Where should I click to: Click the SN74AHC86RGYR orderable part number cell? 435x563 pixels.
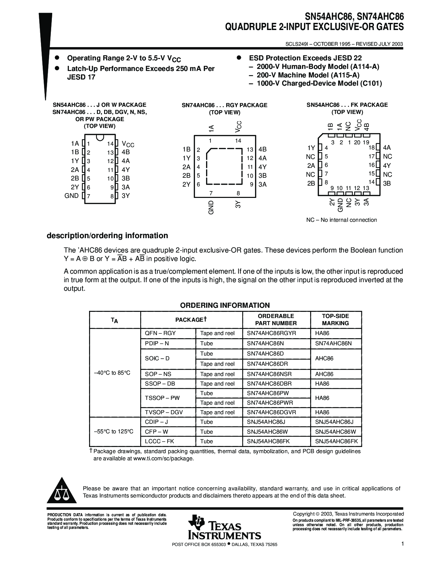[x=271, y=333]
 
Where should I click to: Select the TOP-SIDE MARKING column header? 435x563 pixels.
[x=335, y=320]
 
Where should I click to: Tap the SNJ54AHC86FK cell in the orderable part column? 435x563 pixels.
[x=268, y=441]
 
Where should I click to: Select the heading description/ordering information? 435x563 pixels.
[x=107, y=236]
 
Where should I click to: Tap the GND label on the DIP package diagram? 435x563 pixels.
[x=71, y=196]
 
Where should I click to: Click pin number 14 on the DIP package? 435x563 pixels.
[x=110, y=144]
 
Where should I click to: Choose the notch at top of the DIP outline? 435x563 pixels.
[x=100, y=138]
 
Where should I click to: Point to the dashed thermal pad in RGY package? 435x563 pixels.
[x=225, y=167]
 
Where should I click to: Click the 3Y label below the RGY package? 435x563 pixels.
[x=238, y=204]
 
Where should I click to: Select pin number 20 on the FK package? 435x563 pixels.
[x=357, y=143]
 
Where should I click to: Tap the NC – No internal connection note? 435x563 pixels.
[x=342, y=220]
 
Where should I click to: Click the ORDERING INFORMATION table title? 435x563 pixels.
[x=225, y=305]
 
